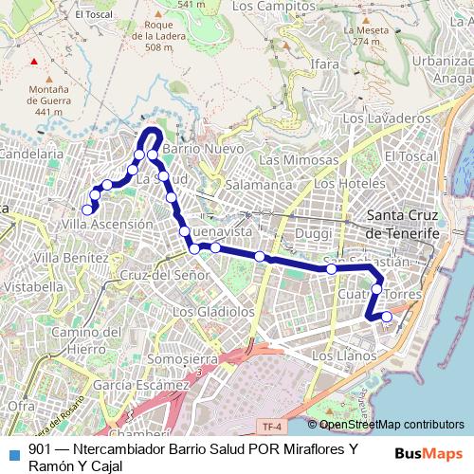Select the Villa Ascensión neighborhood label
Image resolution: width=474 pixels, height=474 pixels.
pyautogui.click(x=106, y=224)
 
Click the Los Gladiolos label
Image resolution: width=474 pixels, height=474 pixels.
pyautogui.click(x=213, y=311)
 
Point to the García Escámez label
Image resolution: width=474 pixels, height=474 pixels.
pyautogui.click(x=142, y=386)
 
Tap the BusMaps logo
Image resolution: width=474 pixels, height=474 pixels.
pyautogui.click(x=428, y=453)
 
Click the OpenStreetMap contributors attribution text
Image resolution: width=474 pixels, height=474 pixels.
pyautogui.click(x=392, y=425)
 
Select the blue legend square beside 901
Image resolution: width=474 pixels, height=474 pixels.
pyautogui.click(x=11, y=451)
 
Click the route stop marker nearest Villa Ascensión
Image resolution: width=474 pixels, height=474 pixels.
pyautogui.click(x=87, y=210)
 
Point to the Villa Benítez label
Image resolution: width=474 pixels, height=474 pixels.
pyautogui.click(x=71, y=257)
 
